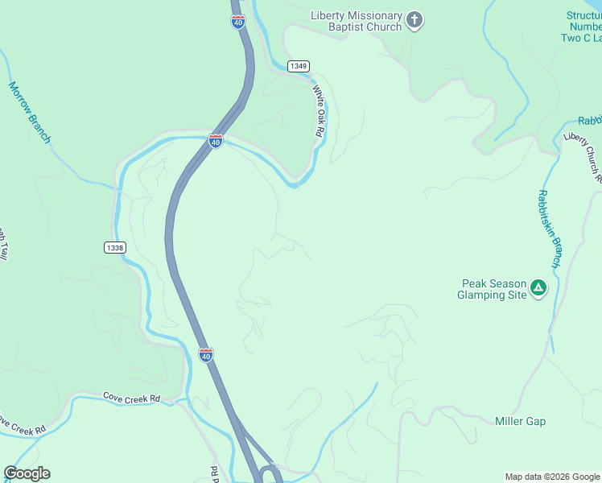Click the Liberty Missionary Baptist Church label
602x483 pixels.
[x=356, y=22]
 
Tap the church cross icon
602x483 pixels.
[x=414, y=20]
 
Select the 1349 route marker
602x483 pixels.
[x=298, y=66]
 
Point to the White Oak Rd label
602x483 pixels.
[x=320, y=111]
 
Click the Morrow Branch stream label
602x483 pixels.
[x=29, y=113]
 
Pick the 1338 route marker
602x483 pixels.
[x=114, y=248]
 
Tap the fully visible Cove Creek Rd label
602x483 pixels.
[x=132, y=398]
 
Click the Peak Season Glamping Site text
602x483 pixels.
[x=493, y=289]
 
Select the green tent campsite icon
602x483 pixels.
[x=539, y=287]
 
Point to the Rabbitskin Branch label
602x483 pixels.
[x=549, y=229]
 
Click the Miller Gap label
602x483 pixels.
[x=520, y=421]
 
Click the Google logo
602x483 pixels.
[x=27, y=473]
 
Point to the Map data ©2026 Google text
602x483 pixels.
[x=553, y=477]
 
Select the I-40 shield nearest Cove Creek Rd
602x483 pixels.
[x=206, y=355]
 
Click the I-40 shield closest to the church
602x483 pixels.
[x=237, y=23]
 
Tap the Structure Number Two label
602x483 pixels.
[x=583, y=27]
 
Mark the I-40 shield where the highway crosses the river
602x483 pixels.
[x=215, y=141]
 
